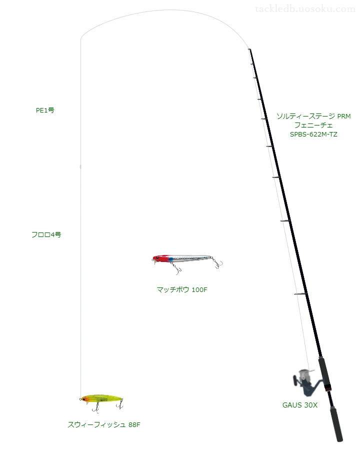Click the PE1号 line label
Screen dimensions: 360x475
(x=45, y=110)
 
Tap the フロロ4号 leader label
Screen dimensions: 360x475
(x=46, y=234)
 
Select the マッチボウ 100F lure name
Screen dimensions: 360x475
(x=182, y=289)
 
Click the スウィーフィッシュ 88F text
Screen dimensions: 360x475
(x=104, y=424)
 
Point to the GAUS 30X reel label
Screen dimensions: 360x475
(x=299, y=405)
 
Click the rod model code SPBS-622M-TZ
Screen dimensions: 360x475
(x=313, y=134)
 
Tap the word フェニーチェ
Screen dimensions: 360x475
(x=313, y=125)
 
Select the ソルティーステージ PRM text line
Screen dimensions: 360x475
(x=313, y=116)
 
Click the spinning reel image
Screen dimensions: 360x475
(x=304, y=382)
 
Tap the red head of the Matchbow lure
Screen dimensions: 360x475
(x=160, y=258)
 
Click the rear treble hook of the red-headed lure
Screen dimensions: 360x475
(x=217, y=263)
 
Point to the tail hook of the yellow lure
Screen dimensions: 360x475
(x=121, y=404)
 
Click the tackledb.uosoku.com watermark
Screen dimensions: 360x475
(x=305, y=9)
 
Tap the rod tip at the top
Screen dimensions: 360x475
(x=249, y=49)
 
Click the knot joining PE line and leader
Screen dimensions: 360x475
(x=80, y=166)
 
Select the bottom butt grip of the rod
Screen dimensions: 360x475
(x=336, y=424)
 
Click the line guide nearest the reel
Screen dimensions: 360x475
(x=300, y=294)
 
